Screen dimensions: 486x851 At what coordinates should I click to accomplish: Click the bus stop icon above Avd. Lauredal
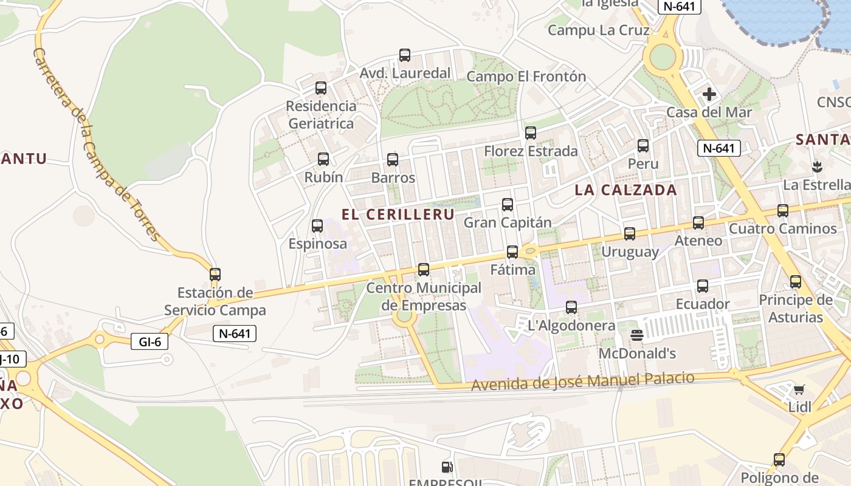tap(405, 55)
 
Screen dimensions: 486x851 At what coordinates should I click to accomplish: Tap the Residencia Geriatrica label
tap(321, 115)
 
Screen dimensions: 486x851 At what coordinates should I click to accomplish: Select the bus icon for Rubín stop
tap(323, 159)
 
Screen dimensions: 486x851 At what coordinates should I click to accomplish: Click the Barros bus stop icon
tap(393, 160)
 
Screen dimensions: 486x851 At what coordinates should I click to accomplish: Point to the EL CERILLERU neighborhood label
tap(398, 214)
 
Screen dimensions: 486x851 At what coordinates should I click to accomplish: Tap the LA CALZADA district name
tap(626, 190)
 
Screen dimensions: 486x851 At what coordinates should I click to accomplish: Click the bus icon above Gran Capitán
tap(508, 205)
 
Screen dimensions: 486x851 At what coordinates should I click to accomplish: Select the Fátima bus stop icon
tap(512, 252)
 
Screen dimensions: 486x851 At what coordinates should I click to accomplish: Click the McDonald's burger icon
tap(637, 335)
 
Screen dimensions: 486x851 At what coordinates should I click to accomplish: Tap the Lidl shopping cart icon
tap(799, 389)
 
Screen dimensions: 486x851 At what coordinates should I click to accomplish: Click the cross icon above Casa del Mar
tap(709, 94)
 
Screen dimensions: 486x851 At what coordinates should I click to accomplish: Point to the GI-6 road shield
tap(150, 341)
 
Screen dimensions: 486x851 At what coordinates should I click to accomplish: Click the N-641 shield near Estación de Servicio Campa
tap(235, 333)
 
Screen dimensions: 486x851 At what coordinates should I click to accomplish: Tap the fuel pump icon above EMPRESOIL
tap(447, 467)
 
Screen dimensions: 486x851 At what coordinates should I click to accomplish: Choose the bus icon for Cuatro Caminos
tap(783, 211)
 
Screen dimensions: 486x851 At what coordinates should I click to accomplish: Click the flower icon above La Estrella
tap(816, 166)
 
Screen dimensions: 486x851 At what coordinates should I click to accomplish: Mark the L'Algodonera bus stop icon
tap(571, 307)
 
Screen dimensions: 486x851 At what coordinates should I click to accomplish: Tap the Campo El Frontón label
tap(526, 77)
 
